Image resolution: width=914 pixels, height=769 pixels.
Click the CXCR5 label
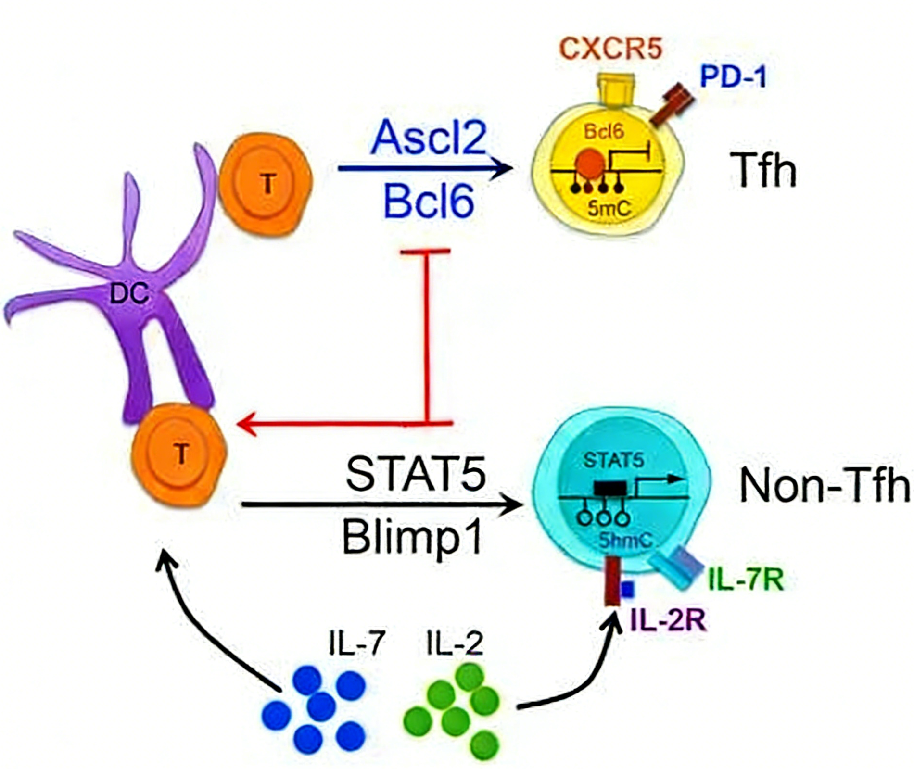pos(611,50)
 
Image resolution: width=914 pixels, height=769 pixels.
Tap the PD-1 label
pos(733,77)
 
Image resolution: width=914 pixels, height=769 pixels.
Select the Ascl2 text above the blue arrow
pos(429,139)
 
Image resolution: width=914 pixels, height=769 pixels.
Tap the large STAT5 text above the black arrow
pos(416,474)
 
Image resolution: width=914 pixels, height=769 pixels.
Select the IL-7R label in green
pos(746,580)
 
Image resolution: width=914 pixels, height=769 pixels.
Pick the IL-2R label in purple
pos(668,620)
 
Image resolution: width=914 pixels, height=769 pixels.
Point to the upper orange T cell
pos(266,183)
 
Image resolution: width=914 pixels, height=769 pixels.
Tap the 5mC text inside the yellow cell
pos(609,209)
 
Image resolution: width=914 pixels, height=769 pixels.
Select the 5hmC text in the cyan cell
pos(625,541)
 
